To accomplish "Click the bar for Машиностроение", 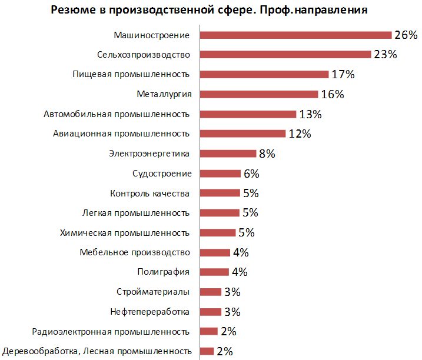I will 296,35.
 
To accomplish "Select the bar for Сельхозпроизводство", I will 286,54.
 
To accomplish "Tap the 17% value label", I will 342,75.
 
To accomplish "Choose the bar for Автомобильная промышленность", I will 248,114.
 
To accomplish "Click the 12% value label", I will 300,134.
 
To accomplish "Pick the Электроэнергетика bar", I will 228,154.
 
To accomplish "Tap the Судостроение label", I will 162,174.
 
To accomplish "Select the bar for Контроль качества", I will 220,193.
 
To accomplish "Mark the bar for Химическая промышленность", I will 218,232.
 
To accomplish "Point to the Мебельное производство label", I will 135,252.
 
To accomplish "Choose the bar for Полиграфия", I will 215,272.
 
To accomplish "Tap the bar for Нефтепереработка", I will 211,312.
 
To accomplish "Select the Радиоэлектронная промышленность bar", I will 209,331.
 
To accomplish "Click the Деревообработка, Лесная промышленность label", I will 97,351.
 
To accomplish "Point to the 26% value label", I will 406,35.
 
